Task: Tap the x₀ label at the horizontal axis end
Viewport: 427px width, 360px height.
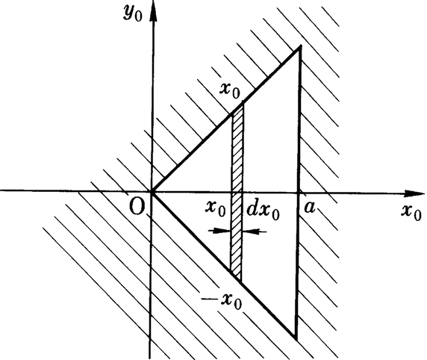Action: tap(409, 212)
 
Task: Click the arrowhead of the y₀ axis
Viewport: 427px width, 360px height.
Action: tap(152, 16)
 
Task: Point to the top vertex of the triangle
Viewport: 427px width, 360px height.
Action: tap(299, 46)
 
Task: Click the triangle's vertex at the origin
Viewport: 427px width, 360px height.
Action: tap(152, 191)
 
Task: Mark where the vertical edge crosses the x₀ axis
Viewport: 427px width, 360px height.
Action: tap(299, 191)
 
